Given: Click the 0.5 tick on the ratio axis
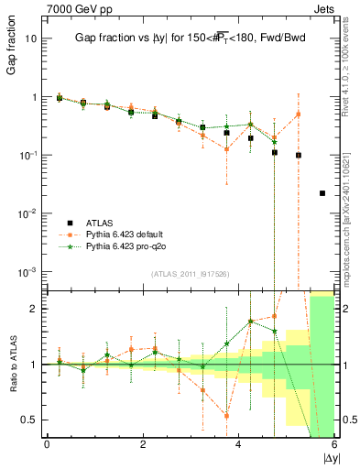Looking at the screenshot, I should tap(27, 420).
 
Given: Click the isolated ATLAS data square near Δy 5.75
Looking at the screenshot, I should tap(322, 193).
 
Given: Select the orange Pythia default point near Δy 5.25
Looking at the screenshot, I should tap(298, 114).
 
